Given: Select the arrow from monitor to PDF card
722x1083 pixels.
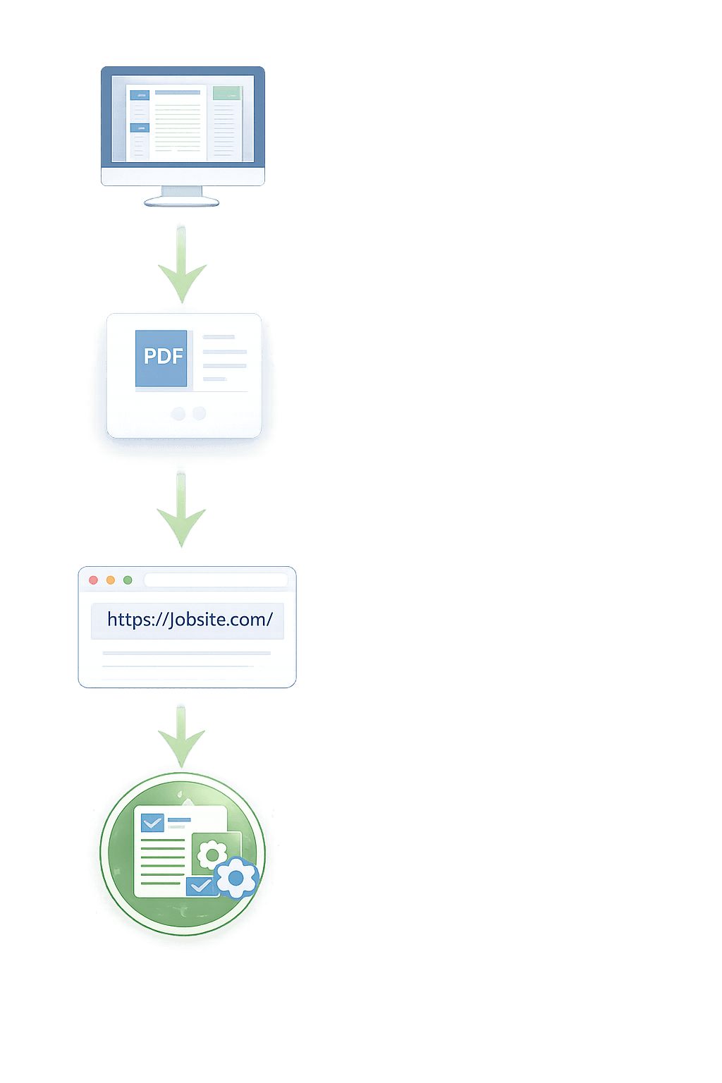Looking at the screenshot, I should click(x=182, y=264).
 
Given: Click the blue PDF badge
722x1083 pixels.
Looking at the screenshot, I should click(x=161, y=357).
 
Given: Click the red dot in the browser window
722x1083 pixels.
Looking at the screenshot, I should click(x=93, y=580).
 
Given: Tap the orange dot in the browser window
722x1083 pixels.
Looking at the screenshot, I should click(x=111, y=580).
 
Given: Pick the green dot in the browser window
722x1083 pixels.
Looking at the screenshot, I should click(x=128, y=580).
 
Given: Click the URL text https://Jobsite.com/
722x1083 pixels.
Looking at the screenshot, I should click(x=189, y=620).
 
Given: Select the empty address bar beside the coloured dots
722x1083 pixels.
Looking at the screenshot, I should click(x=216, y=580).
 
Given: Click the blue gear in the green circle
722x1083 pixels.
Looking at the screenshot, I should click(x=236, y=878).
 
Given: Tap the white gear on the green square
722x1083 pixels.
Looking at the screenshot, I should click(x=212, y=855).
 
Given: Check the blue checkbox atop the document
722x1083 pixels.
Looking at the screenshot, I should click(x=152, y=823).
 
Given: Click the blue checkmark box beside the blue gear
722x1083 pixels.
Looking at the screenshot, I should click(x=200, y=886).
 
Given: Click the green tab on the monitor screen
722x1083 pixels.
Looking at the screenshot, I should click(x=227, y=93).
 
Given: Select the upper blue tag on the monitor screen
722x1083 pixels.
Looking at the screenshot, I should click(x=140, y=95).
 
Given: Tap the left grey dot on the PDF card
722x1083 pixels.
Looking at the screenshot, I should click(x=178, y=414).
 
